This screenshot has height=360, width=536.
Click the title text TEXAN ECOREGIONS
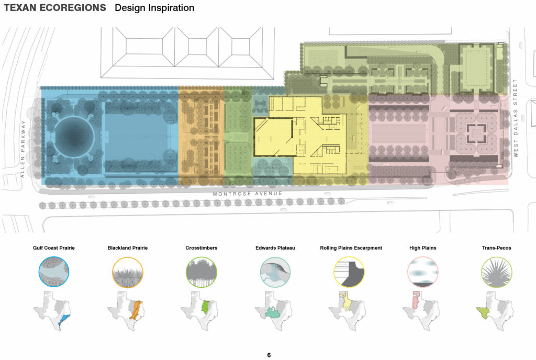pos(54,8)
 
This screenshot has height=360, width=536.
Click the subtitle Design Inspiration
pos(154,8)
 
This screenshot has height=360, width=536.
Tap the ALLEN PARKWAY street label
pos(23,149)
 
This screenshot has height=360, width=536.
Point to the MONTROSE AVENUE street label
pos(248,194)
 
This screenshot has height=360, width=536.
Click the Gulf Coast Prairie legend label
pos(53,248)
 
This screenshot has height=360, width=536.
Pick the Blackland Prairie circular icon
pos(128,272)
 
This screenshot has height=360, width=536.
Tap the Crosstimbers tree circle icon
pos(202,272)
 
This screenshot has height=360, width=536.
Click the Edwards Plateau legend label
pos(275,248)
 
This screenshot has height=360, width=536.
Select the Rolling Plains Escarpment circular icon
pos(349,272)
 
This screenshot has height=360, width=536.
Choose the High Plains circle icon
pos(423,272)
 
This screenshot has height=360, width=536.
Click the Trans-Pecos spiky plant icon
pos(497,272)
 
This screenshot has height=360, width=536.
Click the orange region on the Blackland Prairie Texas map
pos(137,309)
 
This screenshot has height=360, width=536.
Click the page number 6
pos(269,355)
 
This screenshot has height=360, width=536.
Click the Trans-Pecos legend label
pos(497,248)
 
